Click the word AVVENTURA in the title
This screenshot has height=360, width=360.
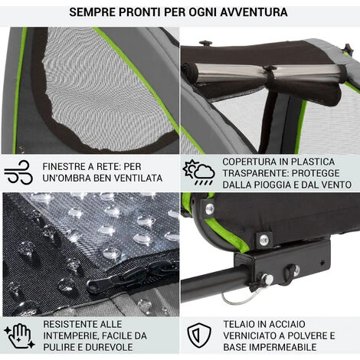251,13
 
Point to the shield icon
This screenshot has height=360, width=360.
198,334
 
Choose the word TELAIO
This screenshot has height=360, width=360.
241,323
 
